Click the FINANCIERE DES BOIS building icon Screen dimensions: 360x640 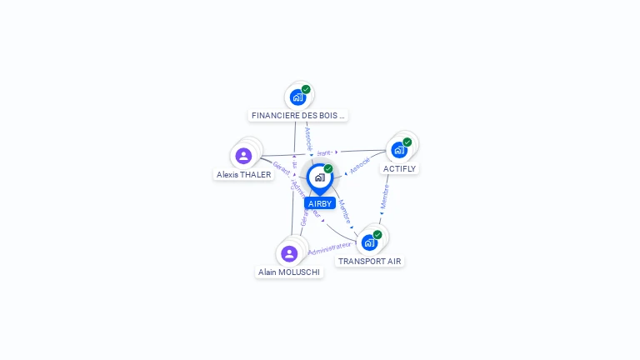(297, 97)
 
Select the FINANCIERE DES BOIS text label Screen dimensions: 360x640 (297, 116)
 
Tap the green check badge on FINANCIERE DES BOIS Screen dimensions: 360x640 (306, 89)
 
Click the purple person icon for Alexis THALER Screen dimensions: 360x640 (243, 156)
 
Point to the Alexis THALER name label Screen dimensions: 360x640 (243, 175)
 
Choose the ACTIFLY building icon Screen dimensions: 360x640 (399, 150)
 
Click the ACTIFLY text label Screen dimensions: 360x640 (399, 168)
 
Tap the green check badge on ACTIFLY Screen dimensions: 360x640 (407, 142)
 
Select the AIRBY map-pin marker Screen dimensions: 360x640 (319, 177)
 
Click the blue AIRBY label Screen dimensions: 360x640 (320, 203)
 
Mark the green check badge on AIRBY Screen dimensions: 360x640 (328, 168)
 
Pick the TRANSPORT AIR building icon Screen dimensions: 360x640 (369, 242)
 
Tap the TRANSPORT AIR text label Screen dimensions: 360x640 (369, 261)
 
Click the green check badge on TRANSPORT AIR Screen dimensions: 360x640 (377, 234)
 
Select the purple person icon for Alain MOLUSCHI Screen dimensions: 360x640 (289, 253)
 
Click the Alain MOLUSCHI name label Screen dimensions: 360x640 (289, 272)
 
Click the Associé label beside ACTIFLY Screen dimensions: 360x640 (360, 166)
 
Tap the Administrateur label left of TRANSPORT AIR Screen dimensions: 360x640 (330, 248)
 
